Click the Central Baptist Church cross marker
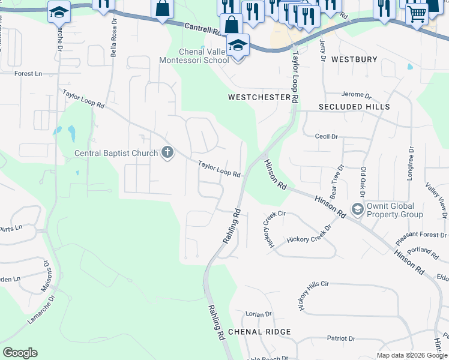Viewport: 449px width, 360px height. pos(167,153)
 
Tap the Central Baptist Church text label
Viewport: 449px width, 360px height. pos(116,153)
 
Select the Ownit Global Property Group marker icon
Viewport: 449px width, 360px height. pos(358,209)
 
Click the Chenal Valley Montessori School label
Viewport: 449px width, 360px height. pos(193,56)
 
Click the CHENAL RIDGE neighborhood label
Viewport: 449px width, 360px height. pos(259,332)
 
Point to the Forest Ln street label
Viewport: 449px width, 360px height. pos(28,74)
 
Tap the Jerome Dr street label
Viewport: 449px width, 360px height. pos(357,95)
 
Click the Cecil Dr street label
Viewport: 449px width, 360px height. pos(327,136)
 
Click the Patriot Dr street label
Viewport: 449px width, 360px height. pos(342,338)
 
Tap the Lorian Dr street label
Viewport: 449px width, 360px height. pos(259,314)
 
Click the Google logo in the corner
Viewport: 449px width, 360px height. pos(20,353)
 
